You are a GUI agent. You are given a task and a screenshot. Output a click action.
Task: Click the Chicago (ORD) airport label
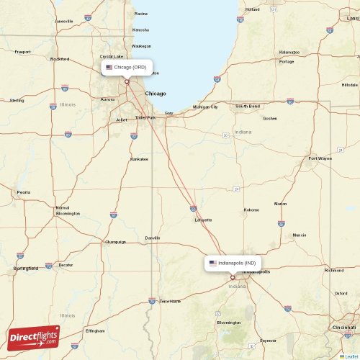(x=127, y=67)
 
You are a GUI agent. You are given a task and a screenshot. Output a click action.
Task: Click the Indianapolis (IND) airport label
(x=233, y=263)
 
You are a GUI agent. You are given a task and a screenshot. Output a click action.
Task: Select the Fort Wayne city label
(x=320, y=158)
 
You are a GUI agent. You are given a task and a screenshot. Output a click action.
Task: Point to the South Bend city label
(x=248, y=106)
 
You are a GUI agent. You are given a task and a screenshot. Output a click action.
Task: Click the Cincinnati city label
(x=345, y=328)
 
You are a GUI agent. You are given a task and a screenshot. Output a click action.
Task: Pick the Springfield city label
(x=25, y=268)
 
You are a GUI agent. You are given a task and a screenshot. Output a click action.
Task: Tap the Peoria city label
(x=24, y=192)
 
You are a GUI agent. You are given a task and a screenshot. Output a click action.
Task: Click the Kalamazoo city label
(x=289, y=52)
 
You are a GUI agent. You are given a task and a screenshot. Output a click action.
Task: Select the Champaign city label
(x=114, y=242)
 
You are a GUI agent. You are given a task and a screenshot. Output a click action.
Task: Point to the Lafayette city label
(x=203, y=220)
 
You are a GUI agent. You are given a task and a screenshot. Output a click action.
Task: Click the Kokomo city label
(x=251, y=210)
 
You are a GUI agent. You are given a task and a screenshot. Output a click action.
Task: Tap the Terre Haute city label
(x=171, y=301)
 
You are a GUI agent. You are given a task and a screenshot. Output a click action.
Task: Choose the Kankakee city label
(x=139, y=158)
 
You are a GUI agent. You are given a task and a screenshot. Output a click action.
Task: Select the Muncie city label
(x=300, y=235)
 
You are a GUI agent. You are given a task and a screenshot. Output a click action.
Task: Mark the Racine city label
(x=140, y=13)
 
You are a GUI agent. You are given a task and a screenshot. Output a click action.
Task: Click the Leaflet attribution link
(x=349, y=356)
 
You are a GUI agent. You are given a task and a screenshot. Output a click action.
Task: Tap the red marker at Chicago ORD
(x=127, y=81)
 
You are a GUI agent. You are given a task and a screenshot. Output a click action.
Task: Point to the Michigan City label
(x=205, y=107)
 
